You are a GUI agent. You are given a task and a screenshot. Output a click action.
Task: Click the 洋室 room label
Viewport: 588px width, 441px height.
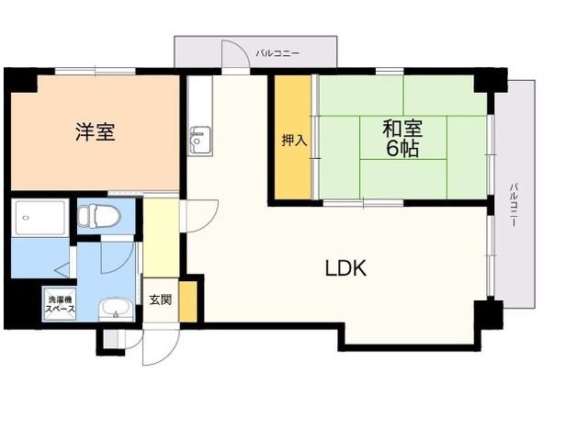pos(96,131)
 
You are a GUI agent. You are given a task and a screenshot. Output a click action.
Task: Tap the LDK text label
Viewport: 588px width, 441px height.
pos(345,268)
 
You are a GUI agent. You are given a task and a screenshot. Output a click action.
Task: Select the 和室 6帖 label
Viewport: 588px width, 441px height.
pos(402,138)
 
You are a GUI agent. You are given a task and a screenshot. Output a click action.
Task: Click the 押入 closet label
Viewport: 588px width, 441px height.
pos(294,141)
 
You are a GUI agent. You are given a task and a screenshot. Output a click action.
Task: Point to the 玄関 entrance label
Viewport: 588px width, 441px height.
pos(161,300)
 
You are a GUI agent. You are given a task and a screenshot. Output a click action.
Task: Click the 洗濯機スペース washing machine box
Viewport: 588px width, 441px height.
pos(60,304)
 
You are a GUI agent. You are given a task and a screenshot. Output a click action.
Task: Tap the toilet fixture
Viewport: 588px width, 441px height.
pos(99,217)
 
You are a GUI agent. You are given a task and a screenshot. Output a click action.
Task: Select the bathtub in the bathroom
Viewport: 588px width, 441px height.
pos(40,218)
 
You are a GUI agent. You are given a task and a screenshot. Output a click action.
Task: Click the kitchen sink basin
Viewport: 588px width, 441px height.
pos(200,140)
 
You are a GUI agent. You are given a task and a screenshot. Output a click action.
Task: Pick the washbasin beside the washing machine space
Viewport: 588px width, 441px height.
pos(116,310)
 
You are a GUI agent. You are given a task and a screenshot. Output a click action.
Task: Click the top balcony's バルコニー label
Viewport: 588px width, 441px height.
pos(277,53)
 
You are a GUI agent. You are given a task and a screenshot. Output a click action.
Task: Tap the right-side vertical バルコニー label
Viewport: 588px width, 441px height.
pos(514,205)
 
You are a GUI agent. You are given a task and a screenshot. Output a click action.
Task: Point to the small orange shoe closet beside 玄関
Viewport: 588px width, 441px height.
pos(187,301)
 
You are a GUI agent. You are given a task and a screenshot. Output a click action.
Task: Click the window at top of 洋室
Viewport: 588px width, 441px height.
pos(95,71)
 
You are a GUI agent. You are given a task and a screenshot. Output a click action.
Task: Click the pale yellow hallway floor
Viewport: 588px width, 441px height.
pos(161,237)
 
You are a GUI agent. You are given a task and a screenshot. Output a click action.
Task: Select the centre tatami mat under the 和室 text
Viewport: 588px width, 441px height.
pos(403,138)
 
